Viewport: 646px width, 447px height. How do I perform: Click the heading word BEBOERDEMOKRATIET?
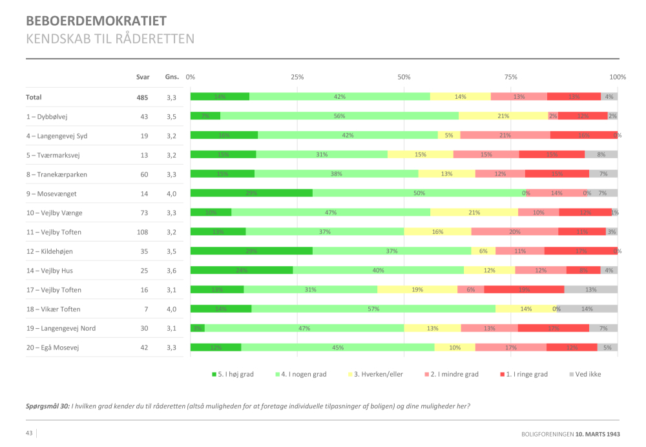pos(96,21)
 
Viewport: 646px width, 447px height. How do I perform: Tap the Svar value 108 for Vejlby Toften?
pos(142,232)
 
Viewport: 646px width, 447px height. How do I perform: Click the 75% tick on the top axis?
pos(510,77)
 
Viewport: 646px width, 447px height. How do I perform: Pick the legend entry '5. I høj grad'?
pos(233,374)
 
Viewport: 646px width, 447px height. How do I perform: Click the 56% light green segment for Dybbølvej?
pos(339,116)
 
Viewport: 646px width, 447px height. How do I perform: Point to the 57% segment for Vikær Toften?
pos(373,309)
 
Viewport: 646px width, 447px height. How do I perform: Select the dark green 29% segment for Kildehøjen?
pos(251,251)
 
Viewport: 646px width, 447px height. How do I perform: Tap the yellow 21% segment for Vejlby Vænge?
pos(474,213)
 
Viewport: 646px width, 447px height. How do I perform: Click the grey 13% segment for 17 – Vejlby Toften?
pos(590,289)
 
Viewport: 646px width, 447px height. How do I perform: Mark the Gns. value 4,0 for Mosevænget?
pos(171,193)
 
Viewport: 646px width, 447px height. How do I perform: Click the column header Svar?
pos(143,77)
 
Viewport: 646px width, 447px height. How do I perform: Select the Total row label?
pos(34,97)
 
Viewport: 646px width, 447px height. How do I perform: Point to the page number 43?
pos(30,433)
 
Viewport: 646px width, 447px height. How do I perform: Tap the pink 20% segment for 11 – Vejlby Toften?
pos(514,232)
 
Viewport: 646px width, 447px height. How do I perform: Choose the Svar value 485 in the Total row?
pos(142,98)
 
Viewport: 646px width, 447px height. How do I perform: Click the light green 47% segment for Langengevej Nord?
pos(304,328)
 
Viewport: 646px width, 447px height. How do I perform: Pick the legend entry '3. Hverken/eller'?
pos(378,374)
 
